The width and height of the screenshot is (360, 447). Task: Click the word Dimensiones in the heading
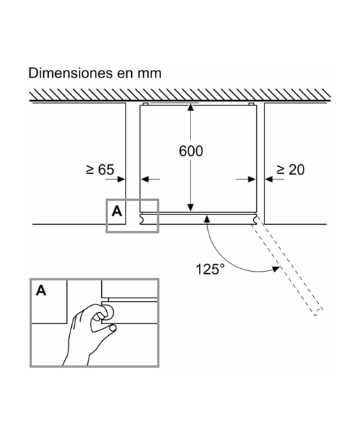pos(70,73)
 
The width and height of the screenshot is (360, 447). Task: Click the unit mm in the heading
pos(150,73)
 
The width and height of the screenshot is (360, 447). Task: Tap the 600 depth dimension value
pos(191,151)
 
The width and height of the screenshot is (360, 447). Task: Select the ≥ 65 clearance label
pos(100,169)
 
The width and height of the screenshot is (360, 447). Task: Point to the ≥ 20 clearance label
pos(290,169)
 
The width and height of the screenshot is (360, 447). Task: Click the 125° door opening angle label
pos(209,269)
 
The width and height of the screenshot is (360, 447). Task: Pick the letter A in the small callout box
pos(117,211)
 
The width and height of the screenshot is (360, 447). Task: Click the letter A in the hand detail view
pos(41,291)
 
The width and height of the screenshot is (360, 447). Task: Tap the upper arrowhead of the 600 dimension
pos(191,107)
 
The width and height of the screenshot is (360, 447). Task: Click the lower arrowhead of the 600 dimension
pos(191,208)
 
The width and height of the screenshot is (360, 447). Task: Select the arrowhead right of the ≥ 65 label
pos(121,179)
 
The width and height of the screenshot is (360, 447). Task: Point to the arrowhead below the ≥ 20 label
pos(269,179)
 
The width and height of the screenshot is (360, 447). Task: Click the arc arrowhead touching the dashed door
pos(276,269)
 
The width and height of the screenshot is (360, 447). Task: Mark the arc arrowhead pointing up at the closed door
pos(207,219)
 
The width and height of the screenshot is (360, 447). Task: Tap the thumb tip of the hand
pos(113,328)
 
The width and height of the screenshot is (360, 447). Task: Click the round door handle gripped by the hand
pos(108,312)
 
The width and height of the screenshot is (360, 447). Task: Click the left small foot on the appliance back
pos(145,104)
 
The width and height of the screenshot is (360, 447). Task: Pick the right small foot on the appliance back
pos(251,104)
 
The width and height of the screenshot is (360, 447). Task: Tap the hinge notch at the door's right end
pos(254,219)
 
